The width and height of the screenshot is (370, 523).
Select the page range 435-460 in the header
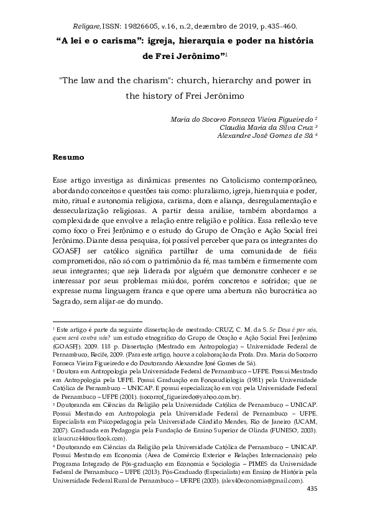click(x=278, y=27)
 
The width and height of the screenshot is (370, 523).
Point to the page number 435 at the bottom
click(x=312, y=491)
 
